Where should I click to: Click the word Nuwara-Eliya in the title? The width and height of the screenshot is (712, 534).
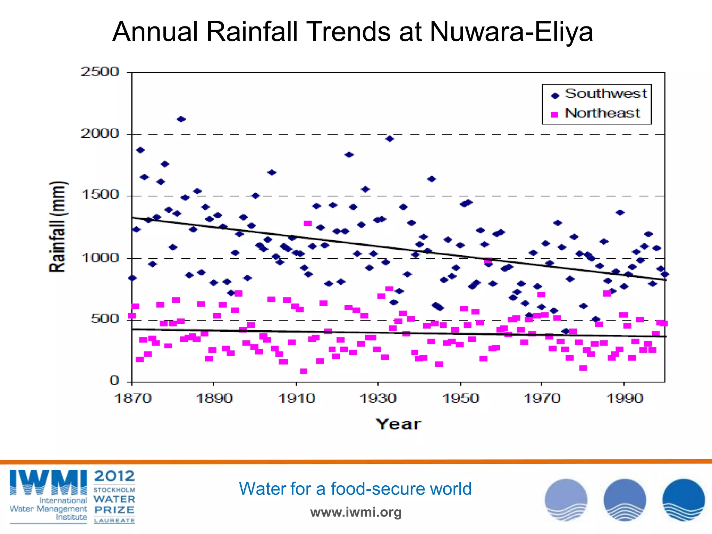[x=511, y=32]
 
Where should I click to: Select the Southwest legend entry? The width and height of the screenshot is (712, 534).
[x=605, y=94]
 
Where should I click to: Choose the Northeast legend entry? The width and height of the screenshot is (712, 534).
[x=602, y=113]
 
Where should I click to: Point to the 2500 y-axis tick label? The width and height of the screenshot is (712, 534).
[x=100, y=72]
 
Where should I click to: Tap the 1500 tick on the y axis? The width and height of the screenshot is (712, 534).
[x=100, y=195]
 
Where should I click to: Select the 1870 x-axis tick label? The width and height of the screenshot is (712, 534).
[x=132, y=398]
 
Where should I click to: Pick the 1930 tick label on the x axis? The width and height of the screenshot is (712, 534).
[x=378, y=398]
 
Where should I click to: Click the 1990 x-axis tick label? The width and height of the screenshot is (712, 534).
[x=624, y=398]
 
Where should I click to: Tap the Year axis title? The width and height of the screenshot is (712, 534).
[x=398, y=424]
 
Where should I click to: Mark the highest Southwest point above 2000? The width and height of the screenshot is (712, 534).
[x=181, y=119]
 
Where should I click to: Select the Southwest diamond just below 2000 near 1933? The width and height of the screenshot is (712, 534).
[x=389, y=139]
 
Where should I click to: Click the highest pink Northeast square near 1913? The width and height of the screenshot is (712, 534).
[x=308, y=223]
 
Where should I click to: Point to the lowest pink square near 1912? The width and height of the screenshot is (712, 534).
[x=304, y=371]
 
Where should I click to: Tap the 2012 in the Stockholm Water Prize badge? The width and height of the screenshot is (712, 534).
[x=114, y=476]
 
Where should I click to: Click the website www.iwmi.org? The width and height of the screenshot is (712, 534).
[x=356, y=512]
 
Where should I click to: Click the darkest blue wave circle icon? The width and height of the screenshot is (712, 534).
[x=683, y=500]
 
